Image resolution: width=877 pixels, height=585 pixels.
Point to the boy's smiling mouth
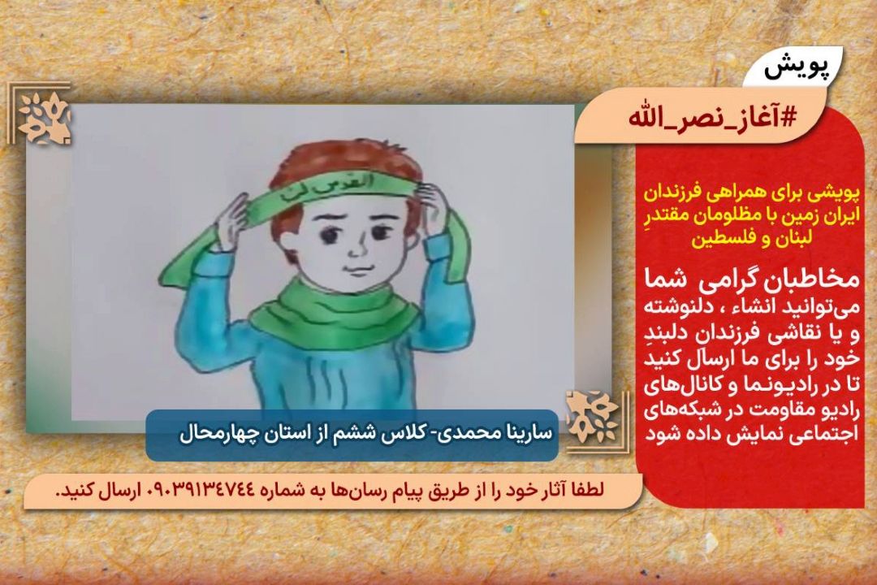coord(353,269)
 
